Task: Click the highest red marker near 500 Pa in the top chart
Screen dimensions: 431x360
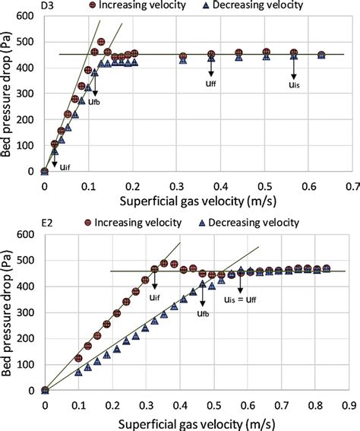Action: pos(102,43)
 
